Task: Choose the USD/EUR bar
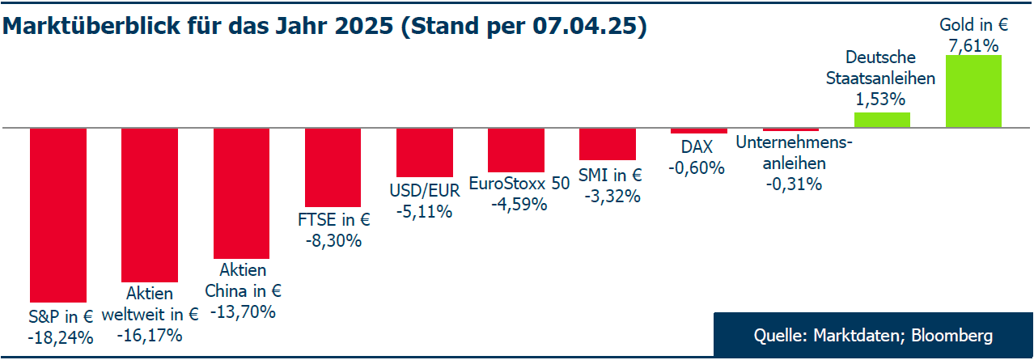(424, 152)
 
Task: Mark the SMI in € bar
(607, 144)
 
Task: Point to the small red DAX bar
(699, 131)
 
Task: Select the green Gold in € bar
(973, 91)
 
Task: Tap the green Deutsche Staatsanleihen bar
(882, 121)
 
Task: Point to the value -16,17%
(150, 334)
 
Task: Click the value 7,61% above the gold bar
(973, 46)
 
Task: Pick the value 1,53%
(879, 100)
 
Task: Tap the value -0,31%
(794, 184)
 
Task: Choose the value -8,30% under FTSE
(333, 240)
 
